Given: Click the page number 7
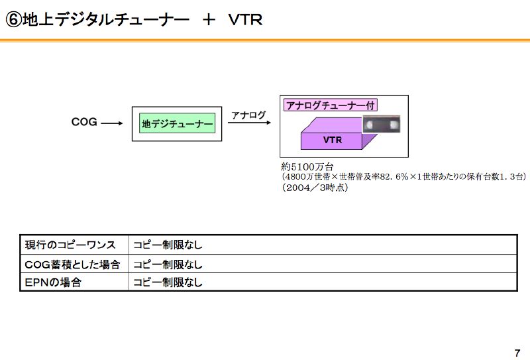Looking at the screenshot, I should (517, 351).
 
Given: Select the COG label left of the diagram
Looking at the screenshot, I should (84, 122).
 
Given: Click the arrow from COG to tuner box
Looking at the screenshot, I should (113, 123).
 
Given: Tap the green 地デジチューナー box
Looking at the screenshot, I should (178, 123).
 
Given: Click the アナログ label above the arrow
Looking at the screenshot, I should (249, 115).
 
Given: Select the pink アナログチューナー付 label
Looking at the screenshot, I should (331, 105).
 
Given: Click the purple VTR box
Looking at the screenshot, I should (333, 140).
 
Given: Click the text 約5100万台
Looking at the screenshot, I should (307, 166).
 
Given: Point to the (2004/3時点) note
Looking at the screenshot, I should (315, 188).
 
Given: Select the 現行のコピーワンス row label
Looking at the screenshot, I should (70, 245).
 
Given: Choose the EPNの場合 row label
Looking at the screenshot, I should (53, 282).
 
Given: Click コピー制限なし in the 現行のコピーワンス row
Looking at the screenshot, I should (168, 245).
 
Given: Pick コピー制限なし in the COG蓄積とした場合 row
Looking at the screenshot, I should (168, 264).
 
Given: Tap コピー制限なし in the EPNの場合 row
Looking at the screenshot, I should (168, 282).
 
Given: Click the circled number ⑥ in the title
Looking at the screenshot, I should (13, 20).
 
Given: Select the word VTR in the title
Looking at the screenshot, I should (245, 20).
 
